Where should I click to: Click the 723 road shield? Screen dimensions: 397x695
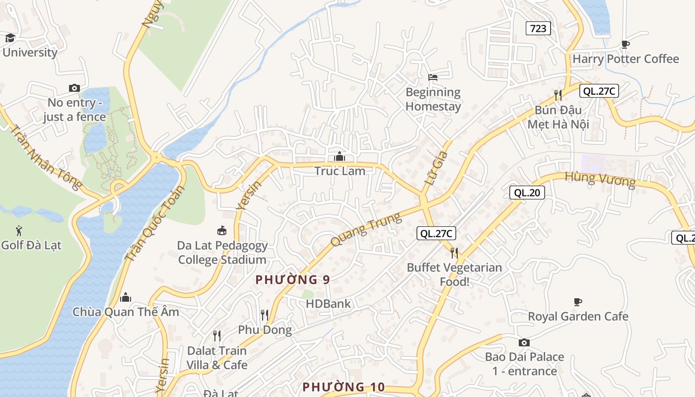point(538,28)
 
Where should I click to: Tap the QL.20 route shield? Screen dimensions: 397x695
point(527,193)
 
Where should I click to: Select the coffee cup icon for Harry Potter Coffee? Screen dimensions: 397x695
point(625,45)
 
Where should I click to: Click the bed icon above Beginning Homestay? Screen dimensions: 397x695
point(433,77)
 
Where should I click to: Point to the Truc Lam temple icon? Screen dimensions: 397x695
point(340,156)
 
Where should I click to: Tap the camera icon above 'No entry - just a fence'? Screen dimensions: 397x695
point(74,88)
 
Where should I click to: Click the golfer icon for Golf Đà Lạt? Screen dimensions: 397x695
point(19,231)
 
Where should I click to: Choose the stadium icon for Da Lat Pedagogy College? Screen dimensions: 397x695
point(222,231)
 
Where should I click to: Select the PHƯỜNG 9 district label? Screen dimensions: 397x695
point(292,279)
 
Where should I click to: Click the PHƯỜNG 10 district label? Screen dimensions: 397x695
point(344,387)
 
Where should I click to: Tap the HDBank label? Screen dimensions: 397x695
point(328,304)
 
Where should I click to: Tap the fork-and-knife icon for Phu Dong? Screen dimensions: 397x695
point(265,315)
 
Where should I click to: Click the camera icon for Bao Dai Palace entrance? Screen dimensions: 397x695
point(524,342)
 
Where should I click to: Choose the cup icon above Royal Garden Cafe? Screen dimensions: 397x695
point(577,302)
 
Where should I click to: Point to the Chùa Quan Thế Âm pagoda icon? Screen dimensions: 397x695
point(126,297)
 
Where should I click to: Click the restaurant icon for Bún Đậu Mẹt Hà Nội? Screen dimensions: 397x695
point(558,95)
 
